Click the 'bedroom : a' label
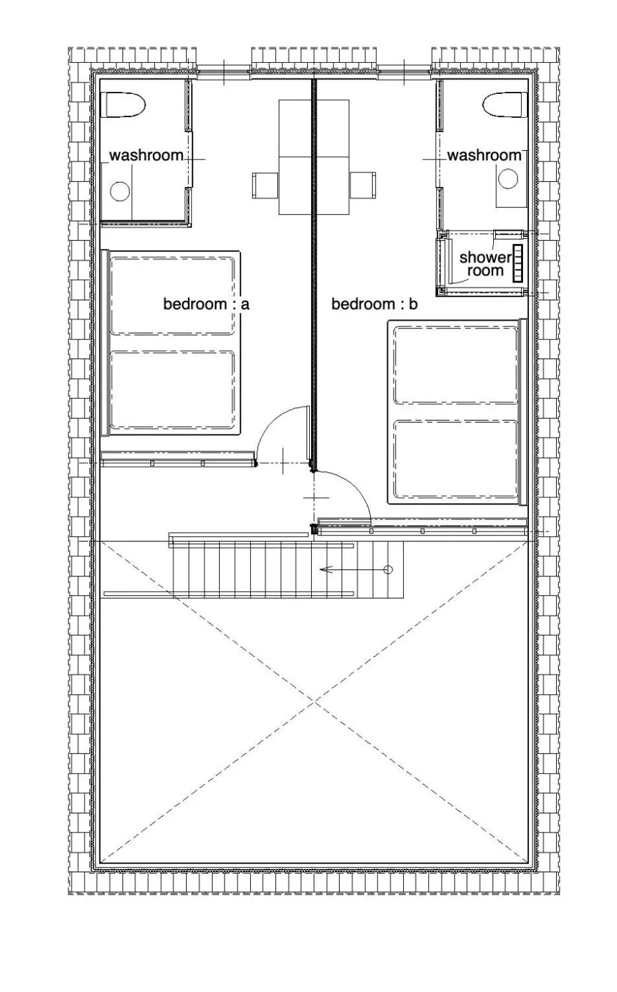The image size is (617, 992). coord(205,304)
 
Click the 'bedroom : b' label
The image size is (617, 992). coord(374,304)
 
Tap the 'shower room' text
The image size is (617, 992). coord(485,264)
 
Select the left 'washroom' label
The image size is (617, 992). coord(146,155)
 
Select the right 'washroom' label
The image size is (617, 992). coord(484,155)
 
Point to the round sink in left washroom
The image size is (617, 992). coord(120,191)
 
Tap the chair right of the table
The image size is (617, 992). coord(362,185)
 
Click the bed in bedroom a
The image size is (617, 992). coord(172,343)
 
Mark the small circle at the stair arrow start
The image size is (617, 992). coord(388,570)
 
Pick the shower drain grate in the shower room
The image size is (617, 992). coord(517,263)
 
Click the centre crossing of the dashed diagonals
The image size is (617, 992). coord(315,703)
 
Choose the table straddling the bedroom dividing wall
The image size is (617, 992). coord(314,157)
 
